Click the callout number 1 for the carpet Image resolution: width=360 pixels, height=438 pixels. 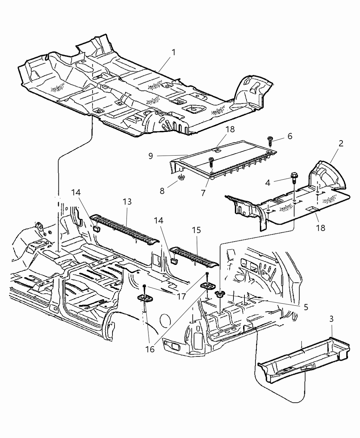click(x=174, y=52)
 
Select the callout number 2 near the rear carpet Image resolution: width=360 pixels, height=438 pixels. click(x=340, y=144)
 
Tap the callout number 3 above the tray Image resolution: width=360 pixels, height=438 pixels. click(x=331, y=319)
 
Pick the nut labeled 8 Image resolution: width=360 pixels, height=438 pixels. click(x=180, y=178)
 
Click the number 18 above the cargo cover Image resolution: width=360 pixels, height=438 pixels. click(x=230, y=129)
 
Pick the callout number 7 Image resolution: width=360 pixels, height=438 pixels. click(x=203, y=193)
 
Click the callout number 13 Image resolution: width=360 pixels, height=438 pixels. click(x=127, y=202)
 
